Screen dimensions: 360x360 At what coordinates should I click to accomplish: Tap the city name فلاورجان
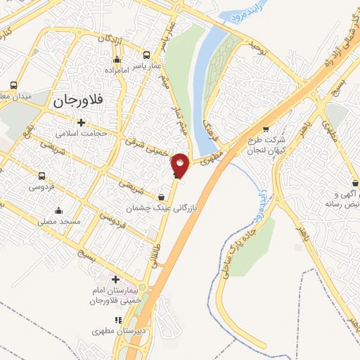(78, 101)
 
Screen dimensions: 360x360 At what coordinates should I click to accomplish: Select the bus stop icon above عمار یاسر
(146, 55)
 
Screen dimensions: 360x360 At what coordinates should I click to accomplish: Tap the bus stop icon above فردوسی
(42, 176)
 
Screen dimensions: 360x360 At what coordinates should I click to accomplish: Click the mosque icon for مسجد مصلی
(58, 210)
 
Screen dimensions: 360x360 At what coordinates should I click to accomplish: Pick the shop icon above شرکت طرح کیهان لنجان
(265, 129)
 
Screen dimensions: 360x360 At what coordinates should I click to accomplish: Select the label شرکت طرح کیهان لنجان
(265, 146)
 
